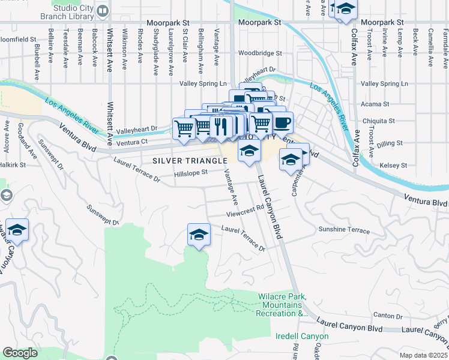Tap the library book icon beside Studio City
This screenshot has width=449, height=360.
click(103, 11)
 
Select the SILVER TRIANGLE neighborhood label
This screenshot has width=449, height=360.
click(190, 161)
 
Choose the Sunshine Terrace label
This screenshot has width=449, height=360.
click(344, 230)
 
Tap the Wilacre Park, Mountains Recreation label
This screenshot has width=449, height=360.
click(283, 305)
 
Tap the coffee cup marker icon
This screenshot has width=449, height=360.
click(283, 122)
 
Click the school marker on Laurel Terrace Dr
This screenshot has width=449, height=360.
click(199, 233)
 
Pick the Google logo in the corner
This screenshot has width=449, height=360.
click(20, 353)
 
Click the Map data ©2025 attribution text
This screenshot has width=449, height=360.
click(423, 355)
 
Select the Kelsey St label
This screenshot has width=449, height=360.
click(394, 165)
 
